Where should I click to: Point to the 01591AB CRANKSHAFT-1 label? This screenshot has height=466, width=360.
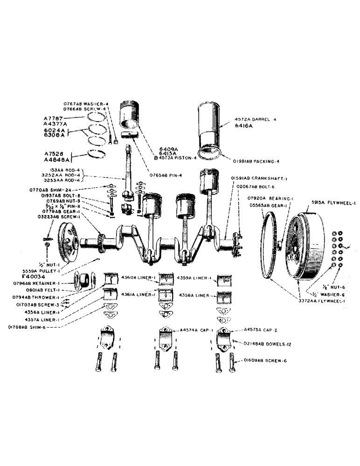coord(255,178)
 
